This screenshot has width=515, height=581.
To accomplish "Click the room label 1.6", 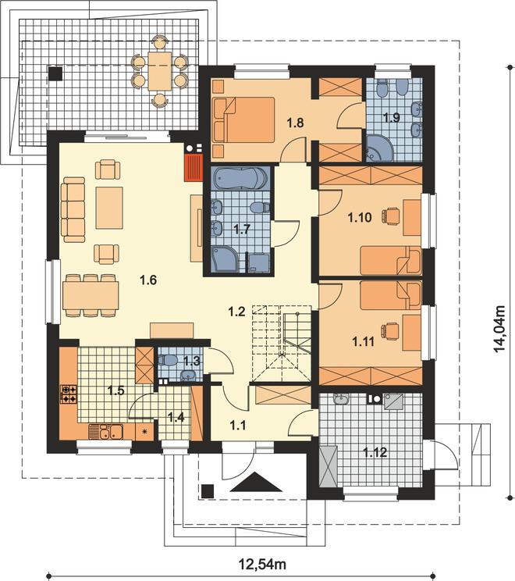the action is (x=148, y=280).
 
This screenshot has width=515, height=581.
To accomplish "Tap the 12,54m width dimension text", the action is (x=263, y=565).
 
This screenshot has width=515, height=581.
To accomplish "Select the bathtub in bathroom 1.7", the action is (x=240, y=179).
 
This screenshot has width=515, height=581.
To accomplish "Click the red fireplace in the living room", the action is (x=193, y=167).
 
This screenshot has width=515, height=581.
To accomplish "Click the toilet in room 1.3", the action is (x=168, y=359).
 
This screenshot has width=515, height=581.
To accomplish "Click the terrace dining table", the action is (x=160, y=71).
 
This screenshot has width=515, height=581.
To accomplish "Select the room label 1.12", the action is (x=375, y=452).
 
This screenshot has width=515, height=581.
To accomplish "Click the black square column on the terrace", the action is (x=55, y=73).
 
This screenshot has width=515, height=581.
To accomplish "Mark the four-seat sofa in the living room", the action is (x=73, y=209).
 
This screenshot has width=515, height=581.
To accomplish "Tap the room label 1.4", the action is (x=176, y=418).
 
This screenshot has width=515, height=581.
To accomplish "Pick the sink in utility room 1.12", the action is (x=341, y=399).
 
